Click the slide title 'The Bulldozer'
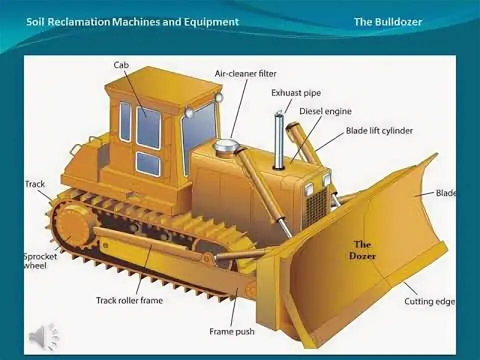point(388,22)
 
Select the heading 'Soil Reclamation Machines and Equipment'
point(132,22)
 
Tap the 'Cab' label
point(121,65)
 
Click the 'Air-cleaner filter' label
point(245,73)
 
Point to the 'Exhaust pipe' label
point(296,92)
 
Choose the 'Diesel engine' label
point(325,111)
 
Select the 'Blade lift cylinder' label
point(379,131)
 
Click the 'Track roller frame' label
point(129,300)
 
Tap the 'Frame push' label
point(231,331)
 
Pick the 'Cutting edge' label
point(429,301)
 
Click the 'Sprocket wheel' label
point(40,261)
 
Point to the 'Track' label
point(35,184)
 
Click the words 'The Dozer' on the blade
point(363,250)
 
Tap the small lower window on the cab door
point(148,164)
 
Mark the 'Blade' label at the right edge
point(445,193)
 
